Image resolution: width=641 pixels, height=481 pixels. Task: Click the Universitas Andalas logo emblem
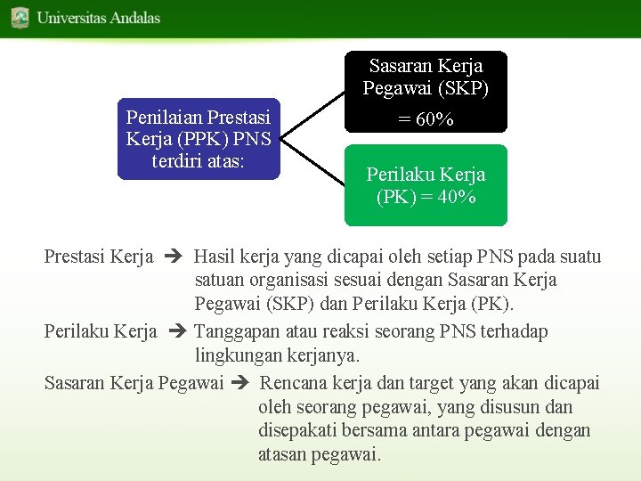tap(20, 17)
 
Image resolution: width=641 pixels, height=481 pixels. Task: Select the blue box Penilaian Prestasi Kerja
tap(199, 139)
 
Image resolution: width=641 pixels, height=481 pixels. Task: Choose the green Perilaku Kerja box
tap(426, 185)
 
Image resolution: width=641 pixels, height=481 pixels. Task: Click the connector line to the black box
tap(312, 115)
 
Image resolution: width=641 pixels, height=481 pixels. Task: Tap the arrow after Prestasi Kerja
tap(173, 257)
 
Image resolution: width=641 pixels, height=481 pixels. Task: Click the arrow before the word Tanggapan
tap(176, 332)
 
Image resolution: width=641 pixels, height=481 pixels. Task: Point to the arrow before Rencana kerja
tap(239, 384)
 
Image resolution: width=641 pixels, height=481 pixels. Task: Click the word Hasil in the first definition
tap(214, 257)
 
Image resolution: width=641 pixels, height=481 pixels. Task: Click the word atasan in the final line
tap(282, 454)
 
